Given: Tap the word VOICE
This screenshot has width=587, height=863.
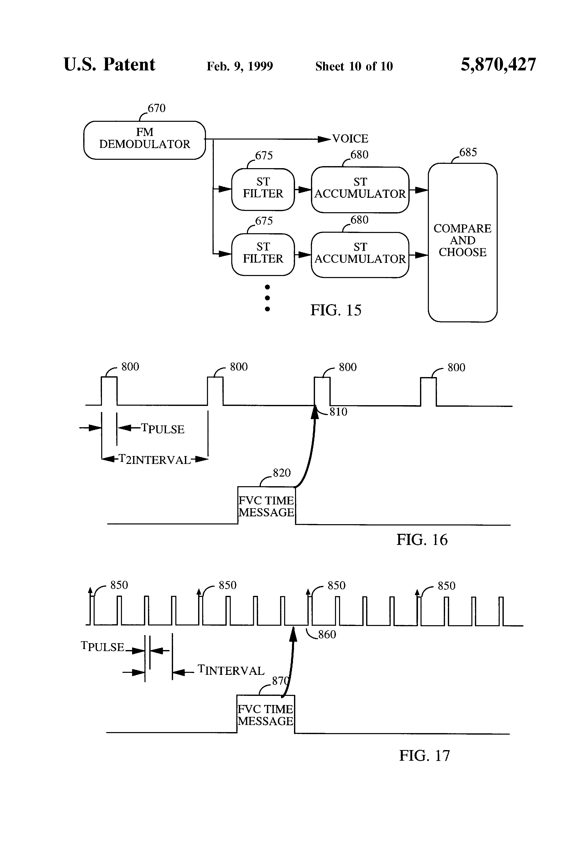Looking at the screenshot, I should click(x=350, y=139).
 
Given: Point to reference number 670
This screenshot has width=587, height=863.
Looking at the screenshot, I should click(x=156, y=108).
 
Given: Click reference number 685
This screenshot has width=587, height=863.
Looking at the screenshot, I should click(x=468, y=152).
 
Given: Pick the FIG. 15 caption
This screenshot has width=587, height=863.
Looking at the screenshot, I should click(x=336, y=310).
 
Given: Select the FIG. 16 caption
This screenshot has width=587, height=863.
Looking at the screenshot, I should click(x=422, y=540).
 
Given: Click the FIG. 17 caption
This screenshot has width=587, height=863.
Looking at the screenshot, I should click(x=424, y=756).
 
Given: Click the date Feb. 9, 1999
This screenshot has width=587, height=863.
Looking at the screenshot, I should click(x=240, y=66).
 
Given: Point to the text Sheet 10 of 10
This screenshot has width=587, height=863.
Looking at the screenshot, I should click(x=354, y=66).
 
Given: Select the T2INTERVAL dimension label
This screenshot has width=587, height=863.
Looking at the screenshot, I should click(x=154, y=460).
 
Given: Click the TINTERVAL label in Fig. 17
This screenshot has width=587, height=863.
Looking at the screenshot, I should click(x=231, y=670).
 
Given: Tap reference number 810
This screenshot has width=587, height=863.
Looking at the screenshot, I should click(x=338, y=412).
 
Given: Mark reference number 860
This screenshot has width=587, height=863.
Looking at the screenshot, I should click(x=327, y=634).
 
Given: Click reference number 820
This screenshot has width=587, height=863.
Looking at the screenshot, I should click(x=282, y=473).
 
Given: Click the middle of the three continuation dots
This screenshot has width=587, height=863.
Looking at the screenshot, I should click(x=267, y=298).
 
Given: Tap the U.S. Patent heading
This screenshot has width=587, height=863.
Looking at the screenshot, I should click(x=110, y=65).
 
